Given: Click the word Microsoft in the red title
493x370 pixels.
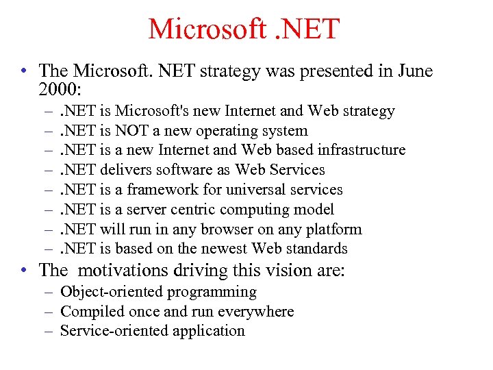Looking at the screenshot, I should pyautogui.click(x=204, y=29).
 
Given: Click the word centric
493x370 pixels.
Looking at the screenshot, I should pyautogui.click(x=199, y=210).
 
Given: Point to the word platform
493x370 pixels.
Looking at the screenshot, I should pyautogui.click(x=333, y=230).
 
